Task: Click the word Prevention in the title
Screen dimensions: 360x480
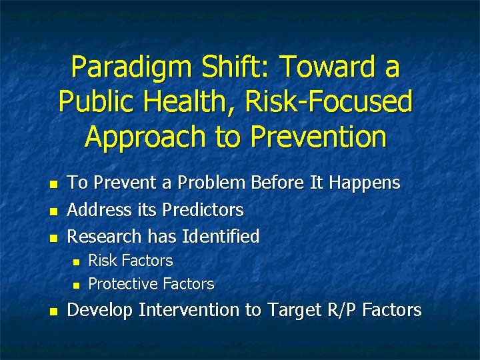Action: point(318,137)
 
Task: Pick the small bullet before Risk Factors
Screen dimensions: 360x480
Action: point(75,261)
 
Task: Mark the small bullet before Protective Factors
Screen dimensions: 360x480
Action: point(75,285)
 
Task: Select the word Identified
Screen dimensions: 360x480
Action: point(225,237)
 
